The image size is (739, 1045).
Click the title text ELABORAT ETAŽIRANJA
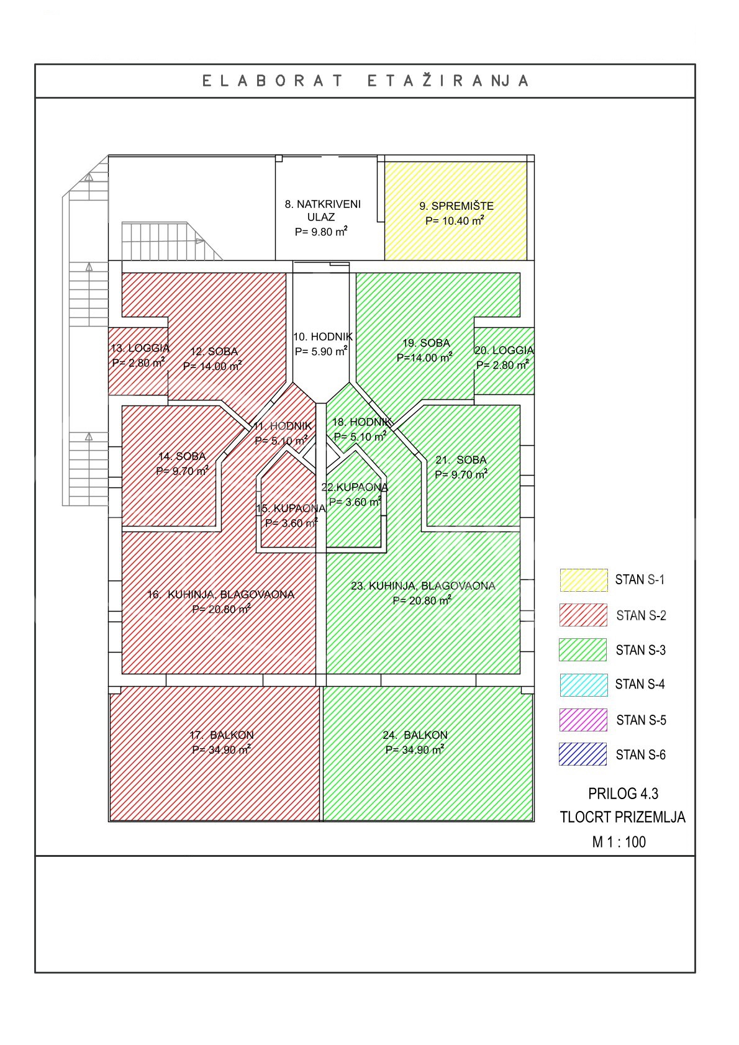click(366, 81)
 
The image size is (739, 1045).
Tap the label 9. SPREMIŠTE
click(456, 206)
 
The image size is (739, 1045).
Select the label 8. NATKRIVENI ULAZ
click(322, 210)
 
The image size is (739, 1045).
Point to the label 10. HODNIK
click(323, 337)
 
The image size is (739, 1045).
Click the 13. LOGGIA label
click(140, 348)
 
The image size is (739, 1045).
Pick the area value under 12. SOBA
click(212, 366)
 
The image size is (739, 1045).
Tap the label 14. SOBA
click(182, 456)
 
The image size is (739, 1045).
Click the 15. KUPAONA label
click(291, 508)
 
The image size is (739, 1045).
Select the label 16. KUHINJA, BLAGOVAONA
click(220, 594)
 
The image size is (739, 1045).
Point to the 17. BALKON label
click(222, 735)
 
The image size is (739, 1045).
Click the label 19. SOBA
click(426, 343)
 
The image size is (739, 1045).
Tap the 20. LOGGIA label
click(504, 350)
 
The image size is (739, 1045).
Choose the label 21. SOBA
click(461, 459)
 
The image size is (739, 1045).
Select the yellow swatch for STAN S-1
click(584, 580)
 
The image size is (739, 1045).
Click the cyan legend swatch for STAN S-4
click(584, 685)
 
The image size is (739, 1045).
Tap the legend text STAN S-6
click(640, 755)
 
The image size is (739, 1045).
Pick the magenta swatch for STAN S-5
click(583, 720)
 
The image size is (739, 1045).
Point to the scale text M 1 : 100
click(619, 841)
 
